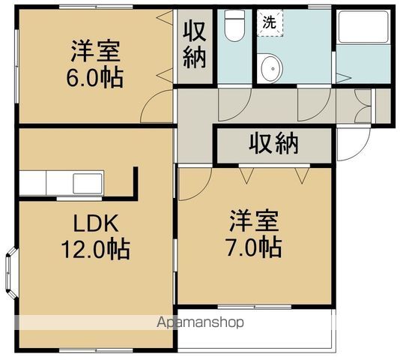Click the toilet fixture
coord(234,28)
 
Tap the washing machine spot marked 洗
coord(268,22)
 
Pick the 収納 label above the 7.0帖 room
coord(273,143)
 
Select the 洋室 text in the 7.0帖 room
coord(254,221)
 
